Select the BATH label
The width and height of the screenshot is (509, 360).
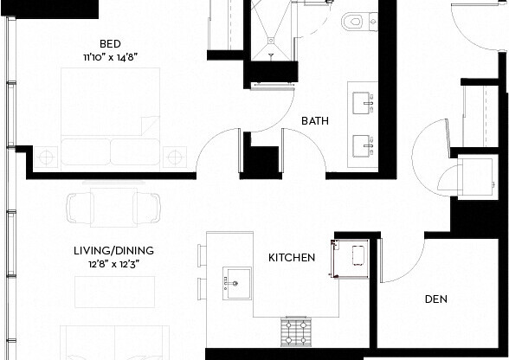click(x=313, y=121)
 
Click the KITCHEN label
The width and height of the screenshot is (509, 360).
click(x=291, y=258)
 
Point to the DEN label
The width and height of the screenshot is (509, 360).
click(x=435, y=300)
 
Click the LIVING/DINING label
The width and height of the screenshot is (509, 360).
click(x=108, y=252)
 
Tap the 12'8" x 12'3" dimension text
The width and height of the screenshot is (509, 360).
click(x=108, y=265)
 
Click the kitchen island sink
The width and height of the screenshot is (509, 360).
click(x=236, y=281)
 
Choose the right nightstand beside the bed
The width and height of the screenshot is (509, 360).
click(x=176, y=157)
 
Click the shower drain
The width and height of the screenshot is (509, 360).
click(x=272, y=55)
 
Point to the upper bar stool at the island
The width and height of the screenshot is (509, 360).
click(x=202, y=255)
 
